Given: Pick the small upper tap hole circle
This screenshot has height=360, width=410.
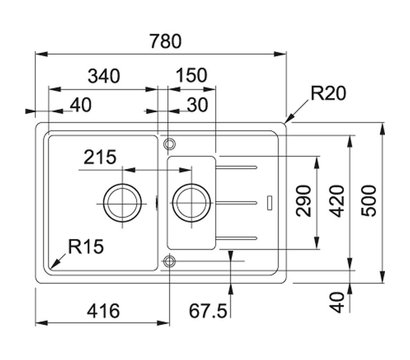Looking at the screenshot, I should click(x=169, y=140).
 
